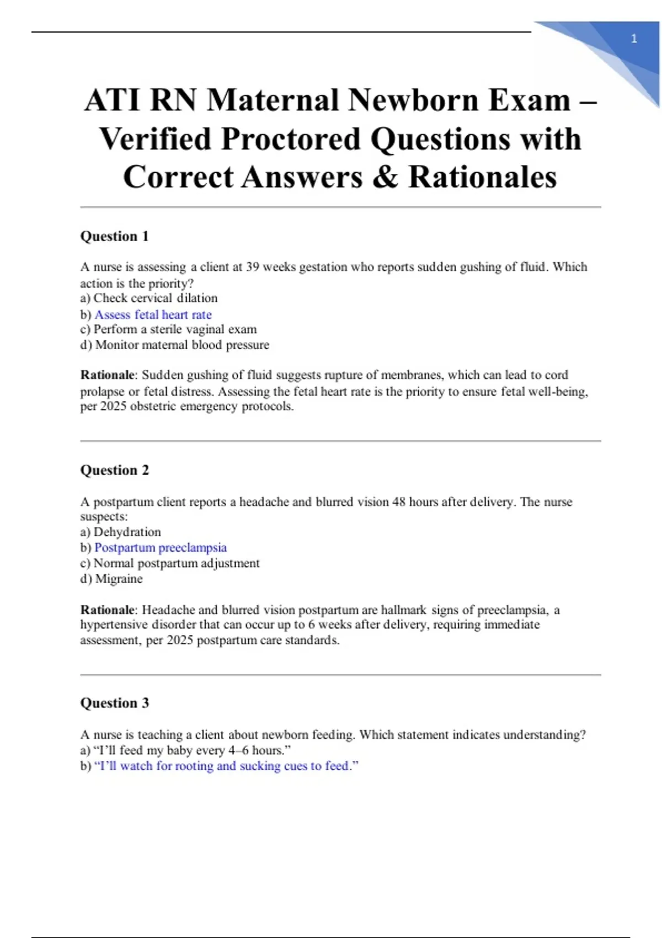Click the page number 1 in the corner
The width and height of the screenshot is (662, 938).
pyautogui.click(x=634, y=39)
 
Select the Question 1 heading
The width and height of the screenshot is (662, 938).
pyautogui.click(x=114, y=236)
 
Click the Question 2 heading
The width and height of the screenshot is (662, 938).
pyautogui.click(x=114, y=470)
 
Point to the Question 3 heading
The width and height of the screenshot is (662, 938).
pyautogui.click(x=114, y=703)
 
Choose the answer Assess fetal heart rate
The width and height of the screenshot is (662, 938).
pyautogui.click(x=153, y=315)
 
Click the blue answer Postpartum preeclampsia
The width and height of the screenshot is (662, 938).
pyautogui.click(x=161, y=547)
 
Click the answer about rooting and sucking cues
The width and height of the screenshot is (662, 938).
pyautogui.click(x=226, y=766)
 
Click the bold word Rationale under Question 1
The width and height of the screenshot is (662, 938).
pyautogui.click(x=107, y=375)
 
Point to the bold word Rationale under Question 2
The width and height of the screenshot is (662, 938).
pyautogui.click(x=107, y=610)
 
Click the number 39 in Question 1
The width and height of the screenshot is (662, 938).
pyautogui.click(x=253, y=267)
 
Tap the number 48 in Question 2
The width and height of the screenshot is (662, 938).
pyautogui.click(x=399, y=502)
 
